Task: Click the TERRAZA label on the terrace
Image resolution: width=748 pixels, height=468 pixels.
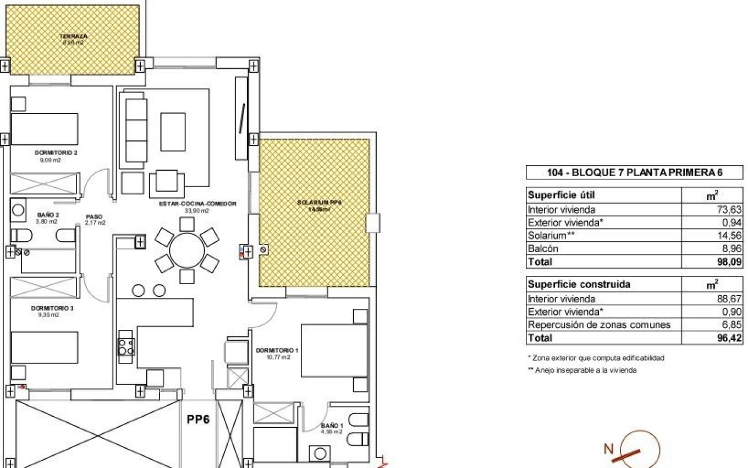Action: coord(73,37)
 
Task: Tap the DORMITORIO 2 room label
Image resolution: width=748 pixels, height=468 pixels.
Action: coord(56,153)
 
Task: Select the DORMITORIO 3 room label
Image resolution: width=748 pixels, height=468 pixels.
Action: coord(52,308)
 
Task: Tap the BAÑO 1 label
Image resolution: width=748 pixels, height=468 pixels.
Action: coord(332,425)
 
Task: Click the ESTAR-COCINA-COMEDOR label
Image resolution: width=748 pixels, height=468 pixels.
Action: coord(197,204)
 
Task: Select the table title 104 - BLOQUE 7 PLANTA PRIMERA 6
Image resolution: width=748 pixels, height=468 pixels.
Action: coord(634,173)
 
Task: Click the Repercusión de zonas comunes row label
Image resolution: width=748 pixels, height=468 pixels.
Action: coord(599,325)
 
